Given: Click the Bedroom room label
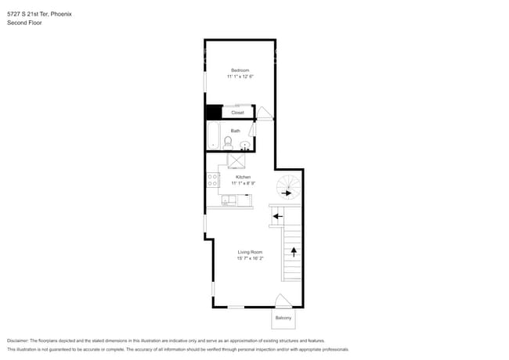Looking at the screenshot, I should (240, 70).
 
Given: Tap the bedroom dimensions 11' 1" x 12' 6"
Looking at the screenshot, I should (240, 77).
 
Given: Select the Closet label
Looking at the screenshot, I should (237, 113).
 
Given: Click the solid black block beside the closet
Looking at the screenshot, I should (213, 112).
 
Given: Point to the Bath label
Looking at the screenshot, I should (235, 131).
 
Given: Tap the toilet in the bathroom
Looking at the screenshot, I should (228, 142).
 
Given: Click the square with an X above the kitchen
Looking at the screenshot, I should (237, 160).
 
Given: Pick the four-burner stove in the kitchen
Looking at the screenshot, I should (212, 182).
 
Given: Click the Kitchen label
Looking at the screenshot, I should (243, 177).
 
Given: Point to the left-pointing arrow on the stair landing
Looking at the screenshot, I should (276, 216).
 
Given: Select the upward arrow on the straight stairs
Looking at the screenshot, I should (294, 251).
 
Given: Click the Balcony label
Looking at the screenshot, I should (283, 318).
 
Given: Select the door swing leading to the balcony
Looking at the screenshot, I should (283, 301).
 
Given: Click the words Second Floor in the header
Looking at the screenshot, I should (24, 23).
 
